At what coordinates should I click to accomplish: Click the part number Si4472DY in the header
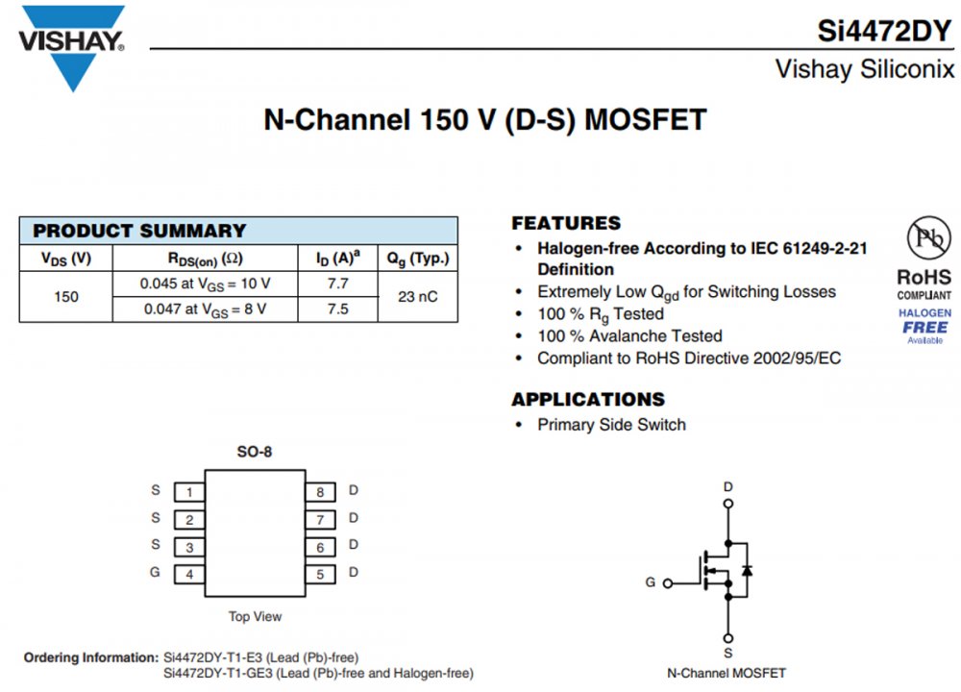pos(884,31)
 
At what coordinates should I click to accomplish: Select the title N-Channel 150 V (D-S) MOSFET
pos(485,120)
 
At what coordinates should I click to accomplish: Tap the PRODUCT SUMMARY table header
pos(140,231)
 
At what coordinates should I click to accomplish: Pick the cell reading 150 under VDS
pos(66,296)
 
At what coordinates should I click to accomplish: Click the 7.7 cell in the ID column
pos(338,284)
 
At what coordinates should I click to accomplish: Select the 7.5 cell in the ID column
pos(338,309)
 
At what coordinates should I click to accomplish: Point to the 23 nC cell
pos(417,296)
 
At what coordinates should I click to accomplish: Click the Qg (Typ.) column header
pos(417,258)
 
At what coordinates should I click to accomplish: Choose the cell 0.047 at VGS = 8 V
pos(206,309)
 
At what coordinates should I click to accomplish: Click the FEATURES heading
pos(566,223)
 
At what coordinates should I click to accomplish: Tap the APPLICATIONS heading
pos(587,399)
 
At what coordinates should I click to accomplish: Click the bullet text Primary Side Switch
pos(611,425)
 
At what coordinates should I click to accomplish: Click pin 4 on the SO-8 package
pos(189,575)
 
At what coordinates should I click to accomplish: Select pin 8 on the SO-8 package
pos(320,492)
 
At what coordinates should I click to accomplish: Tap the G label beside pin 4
pos(156,573)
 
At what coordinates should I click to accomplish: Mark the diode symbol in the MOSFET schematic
pos(747,570)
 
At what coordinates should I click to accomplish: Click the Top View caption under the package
pos(255,616)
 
